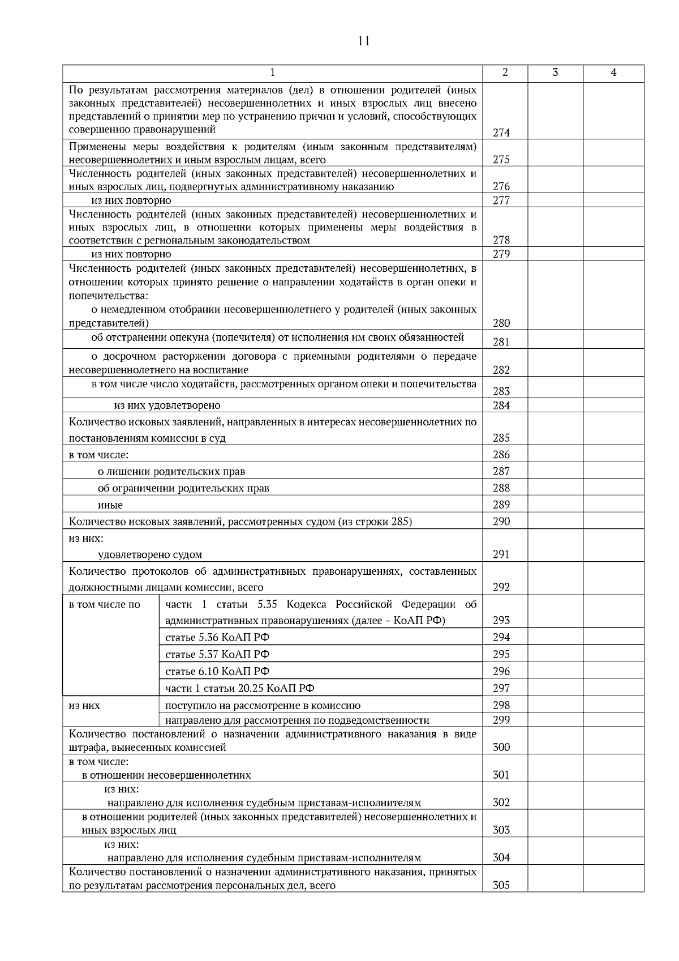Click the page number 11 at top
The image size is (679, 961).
[x=364, y=41]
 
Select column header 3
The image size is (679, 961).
[x=555, y=72]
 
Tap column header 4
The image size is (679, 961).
[x=613, y=72]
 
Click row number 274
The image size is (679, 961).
[x=501, y=133]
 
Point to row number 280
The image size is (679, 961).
[x=501, y=323]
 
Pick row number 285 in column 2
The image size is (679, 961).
[x=501, y=438]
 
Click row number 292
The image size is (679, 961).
[x=501, y=587]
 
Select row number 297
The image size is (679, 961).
[x=501, y=688]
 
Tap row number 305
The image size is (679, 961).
[x=501, y=886]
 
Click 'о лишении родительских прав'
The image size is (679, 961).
[x=171, y=472]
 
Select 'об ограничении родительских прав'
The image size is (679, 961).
[x=183, y=489]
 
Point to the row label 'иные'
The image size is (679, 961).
[x=110, y=505]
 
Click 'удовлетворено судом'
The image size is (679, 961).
[x=150, y=555]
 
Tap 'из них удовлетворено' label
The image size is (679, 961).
[x=167, y=405]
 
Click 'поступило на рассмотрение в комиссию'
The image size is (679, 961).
[x=263, y=706]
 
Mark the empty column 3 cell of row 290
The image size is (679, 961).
[x=555, y=522]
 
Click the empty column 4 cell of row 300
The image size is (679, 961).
[x=613, y=741]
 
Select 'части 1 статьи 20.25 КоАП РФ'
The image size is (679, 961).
[x=239, y=689]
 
